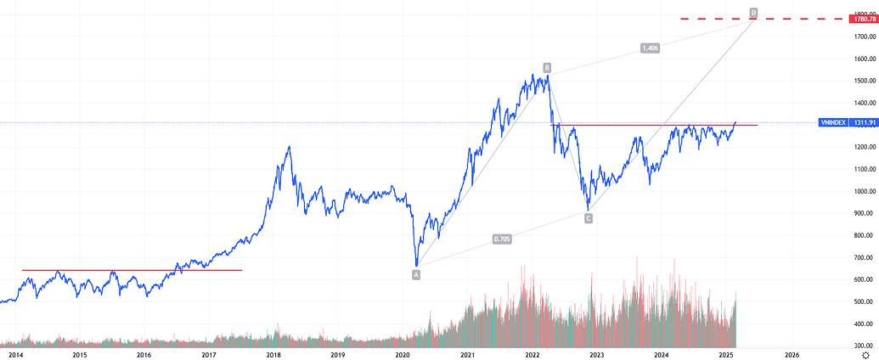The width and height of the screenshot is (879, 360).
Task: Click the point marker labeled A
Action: tap(416, 274)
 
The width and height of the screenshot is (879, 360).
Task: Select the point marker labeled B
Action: tap(547, 67)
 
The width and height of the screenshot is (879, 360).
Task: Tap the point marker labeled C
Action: tap(588, 219)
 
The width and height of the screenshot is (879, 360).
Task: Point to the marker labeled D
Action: tap(753, 13)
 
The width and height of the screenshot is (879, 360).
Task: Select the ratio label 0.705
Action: tap(502, 239)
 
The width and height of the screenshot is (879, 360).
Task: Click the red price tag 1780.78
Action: tap(865, 18)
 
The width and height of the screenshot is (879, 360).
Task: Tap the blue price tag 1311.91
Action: tap(865, 123)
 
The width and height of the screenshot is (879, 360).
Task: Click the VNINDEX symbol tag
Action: tap(832, 123)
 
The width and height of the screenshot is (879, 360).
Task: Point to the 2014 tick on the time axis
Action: tap(14, 354)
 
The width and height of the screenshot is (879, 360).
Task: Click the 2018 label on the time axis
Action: tap(273, 354)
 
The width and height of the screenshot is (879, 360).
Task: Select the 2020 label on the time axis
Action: tap(403, 354)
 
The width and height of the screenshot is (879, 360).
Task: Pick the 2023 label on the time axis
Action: tap(596, 354)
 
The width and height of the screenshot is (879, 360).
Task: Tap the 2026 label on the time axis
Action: tap(791, 354)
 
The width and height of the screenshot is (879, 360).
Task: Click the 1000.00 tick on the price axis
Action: tap(865, 192)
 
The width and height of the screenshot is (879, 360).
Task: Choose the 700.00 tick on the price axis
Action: tap(865, 258)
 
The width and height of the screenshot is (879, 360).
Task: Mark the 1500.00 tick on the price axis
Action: tap(865, 82)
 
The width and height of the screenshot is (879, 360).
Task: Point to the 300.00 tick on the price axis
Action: tap(865, 346)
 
